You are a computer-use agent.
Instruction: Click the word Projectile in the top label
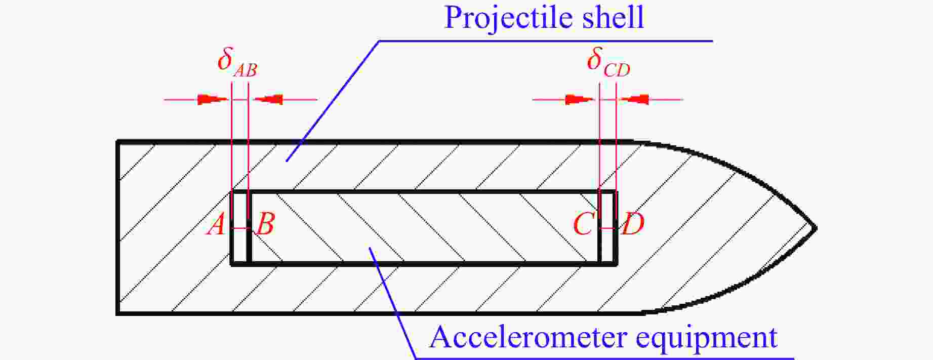point(508,18)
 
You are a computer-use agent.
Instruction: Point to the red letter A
point(216,224)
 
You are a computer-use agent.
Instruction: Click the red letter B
point(265,224)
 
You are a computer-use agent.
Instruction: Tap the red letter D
point(633,224)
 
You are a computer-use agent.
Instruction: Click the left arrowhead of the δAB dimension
point(213,99)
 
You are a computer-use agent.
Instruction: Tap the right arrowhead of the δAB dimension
point(268,99)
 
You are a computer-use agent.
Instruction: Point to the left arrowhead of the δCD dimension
point(580,99)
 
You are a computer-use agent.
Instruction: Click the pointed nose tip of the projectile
point(815,228)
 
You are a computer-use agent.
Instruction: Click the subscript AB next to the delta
point(246,70)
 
